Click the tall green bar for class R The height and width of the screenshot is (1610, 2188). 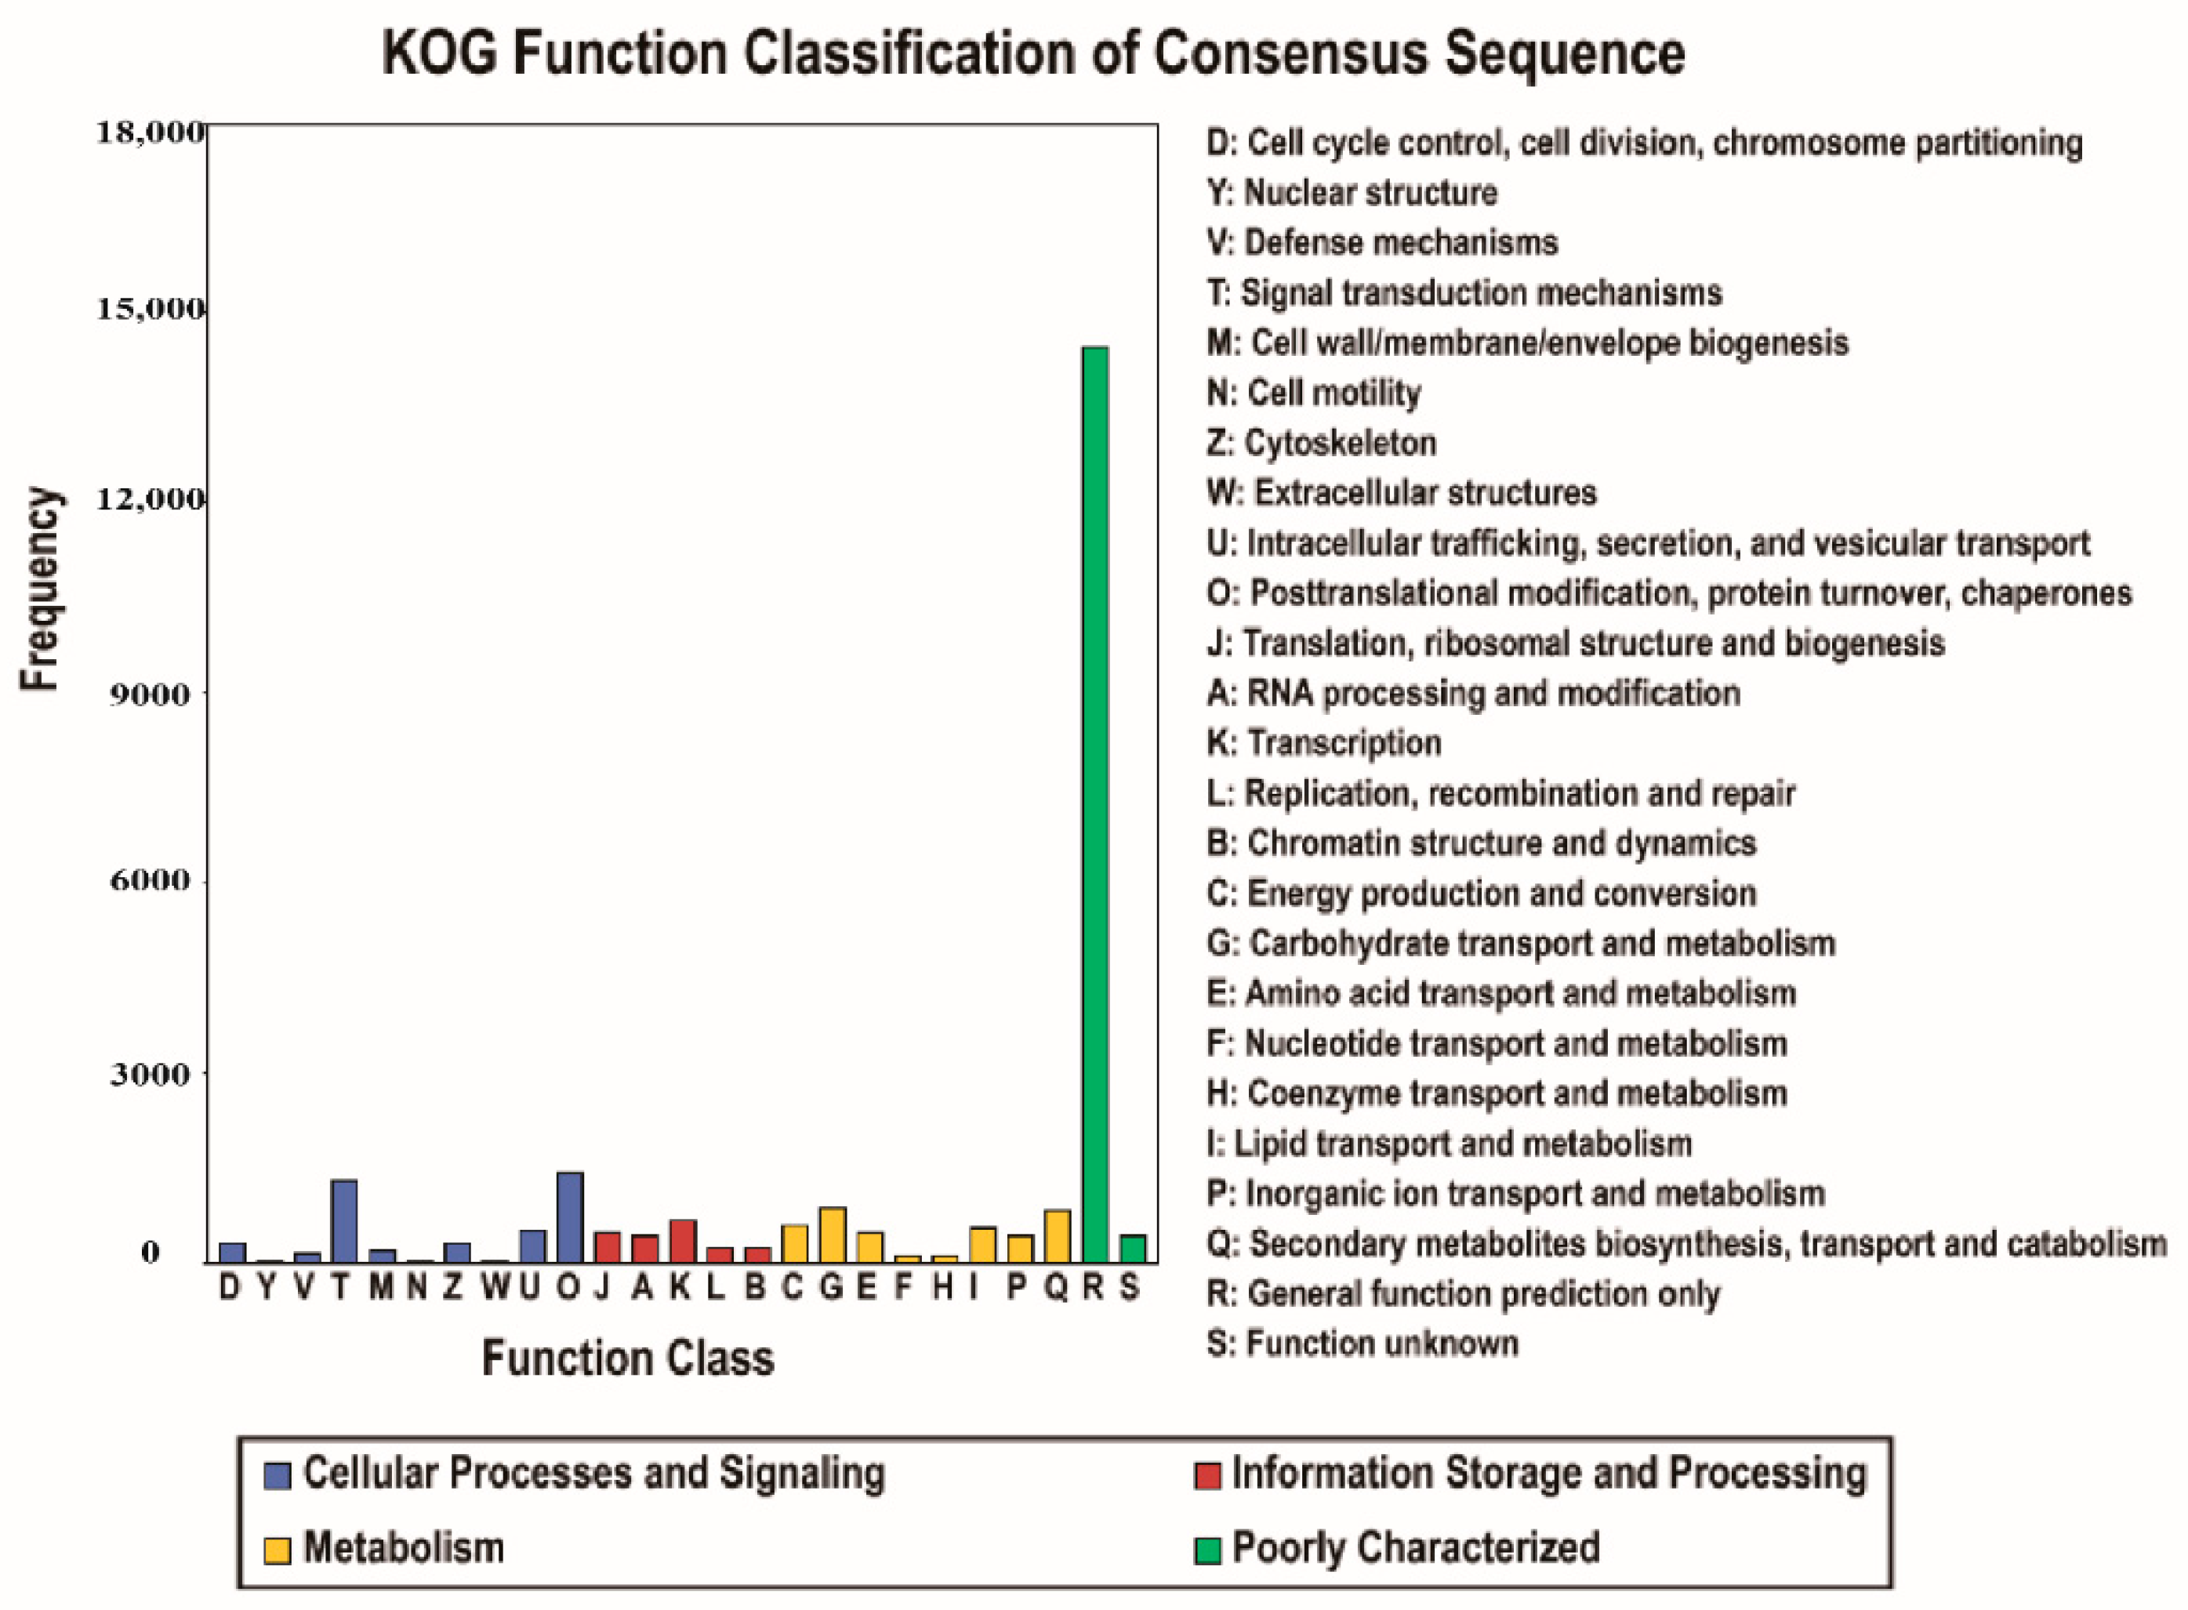point(1094,804)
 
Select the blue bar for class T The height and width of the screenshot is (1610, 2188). point(344,1220)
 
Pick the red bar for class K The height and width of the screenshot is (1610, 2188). point(682,1240)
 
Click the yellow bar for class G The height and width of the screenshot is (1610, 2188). point(833,1234)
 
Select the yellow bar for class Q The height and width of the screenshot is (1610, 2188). point(1058,1236)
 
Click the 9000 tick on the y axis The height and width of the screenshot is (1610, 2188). point(149,694)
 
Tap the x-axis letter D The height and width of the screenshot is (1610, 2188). point(230,1287)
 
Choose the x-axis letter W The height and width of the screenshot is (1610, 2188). point(494,1287)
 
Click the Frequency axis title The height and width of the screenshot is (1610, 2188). point(40,589)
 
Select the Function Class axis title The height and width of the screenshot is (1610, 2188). point(628,1358)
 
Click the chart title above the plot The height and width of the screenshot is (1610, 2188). point(1033,53)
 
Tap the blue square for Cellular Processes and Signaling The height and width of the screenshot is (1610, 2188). point(278,1475)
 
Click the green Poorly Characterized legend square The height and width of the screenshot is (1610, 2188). point(1207,1550)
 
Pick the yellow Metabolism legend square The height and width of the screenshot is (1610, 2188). point(278,1550)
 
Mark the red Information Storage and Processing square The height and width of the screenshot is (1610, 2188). point(1207,1475)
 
